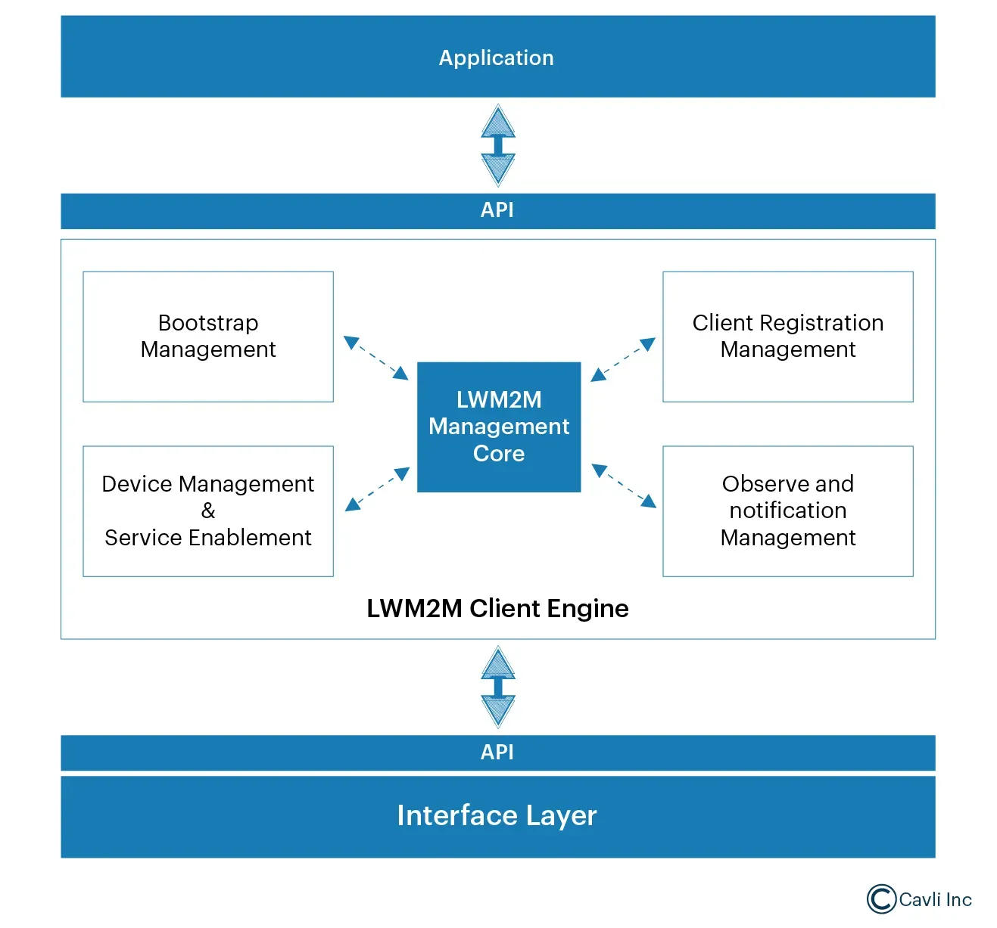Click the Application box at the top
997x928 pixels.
pos(497,57)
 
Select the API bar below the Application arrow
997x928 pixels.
pos(497,210)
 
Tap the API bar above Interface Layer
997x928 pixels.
pos(497,753)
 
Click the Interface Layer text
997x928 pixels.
pos(497,815)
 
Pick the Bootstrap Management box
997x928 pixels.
pos(208,337)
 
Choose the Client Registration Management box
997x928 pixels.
pos(787,337)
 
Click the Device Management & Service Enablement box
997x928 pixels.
pos(208,511)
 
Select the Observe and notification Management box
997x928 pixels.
pos(787,511)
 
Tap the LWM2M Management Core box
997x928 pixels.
pos(499,427)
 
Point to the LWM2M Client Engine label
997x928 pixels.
pos(497,609)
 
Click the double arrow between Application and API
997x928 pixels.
pos(498,145)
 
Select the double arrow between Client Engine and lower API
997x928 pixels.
pos(498,687)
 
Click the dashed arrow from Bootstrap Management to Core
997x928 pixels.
pos(375,358)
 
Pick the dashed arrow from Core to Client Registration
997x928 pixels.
pos(622,359)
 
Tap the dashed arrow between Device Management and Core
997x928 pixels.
pos(377,489)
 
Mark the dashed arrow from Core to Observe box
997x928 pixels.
pos(624,486)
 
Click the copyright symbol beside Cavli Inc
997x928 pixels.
pos(881,899)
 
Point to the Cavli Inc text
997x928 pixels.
pos(936,899)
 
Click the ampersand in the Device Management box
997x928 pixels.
pos(208,511)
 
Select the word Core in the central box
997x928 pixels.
pos(499,454)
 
